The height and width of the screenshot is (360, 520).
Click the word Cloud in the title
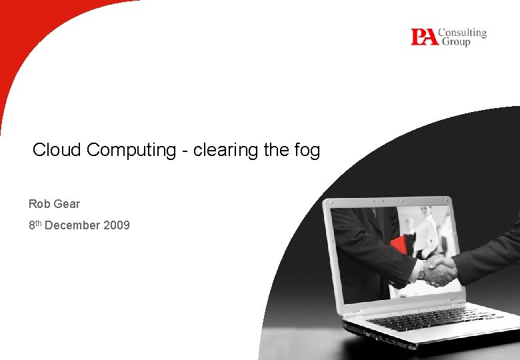point(57,150)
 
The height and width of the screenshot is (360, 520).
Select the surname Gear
point(67,204)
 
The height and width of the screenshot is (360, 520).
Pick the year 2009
point(117,226)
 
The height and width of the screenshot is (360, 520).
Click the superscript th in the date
point(39,223)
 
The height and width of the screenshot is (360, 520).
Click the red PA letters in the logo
point(425,37)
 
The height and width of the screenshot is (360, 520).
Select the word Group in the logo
point(455,42)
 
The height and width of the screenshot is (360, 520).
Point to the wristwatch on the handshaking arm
point(421,269)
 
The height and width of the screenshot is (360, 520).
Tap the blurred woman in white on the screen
point(425,230)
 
